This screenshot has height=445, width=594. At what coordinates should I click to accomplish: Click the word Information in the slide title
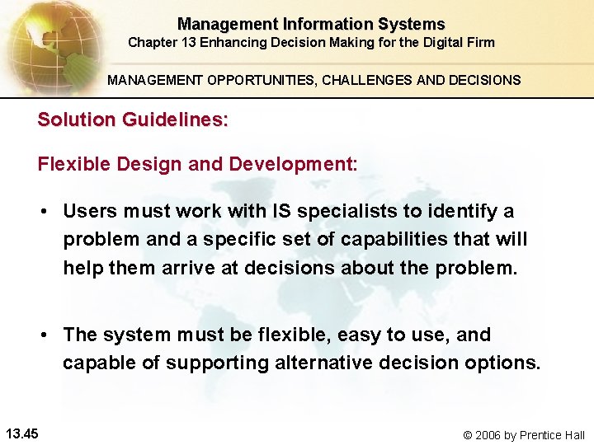pyautogui.click(x=321, y=25)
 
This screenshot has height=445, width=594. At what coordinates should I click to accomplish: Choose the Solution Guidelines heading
pyautogui.click(x=133, y=119)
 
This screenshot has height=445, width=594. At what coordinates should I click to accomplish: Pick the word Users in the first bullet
pyautogui.click(x=90, y=211)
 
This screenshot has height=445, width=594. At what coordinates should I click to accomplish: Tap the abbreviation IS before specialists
pyautogui.click(x=281, y=211)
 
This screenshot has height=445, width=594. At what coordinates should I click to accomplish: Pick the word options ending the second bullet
pyautogui.click(x=505, y=363)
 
